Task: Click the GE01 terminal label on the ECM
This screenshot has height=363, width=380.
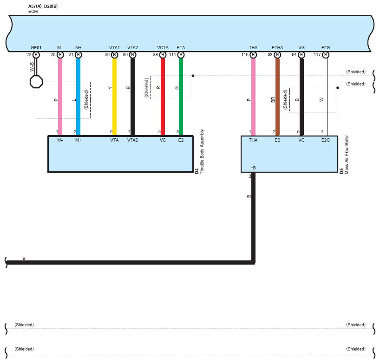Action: [x=36, y=48]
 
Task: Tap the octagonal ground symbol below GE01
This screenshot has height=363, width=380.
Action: [x=36, y=82]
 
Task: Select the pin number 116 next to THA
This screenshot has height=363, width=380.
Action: [x=245, y=55]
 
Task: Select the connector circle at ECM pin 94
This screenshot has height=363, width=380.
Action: [x=301, y=55]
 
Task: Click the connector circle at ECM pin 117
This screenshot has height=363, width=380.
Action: [x=326, y=55]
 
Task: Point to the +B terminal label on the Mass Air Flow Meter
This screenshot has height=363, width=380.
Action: [x=253, y=168]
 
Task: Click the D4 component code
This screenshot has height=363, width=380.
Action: [x=197, y=170]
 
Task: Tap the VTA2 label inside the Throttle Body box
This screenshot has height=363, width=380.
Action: [x=132, y=140]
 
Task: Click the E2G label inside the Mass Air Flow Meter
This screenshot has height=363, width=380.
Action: [x=326, y=140]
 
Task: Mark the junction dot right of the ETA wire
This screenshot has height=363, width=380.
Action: [x=193, y=75]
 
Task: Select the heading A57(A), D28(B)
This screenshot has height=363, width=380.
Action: [x=43, y=6]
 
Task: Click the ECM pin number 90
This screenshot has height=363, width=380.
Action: [x=108, y=55]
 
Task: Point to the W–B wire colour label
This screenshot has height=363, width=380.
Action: [x=32, y=67]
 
